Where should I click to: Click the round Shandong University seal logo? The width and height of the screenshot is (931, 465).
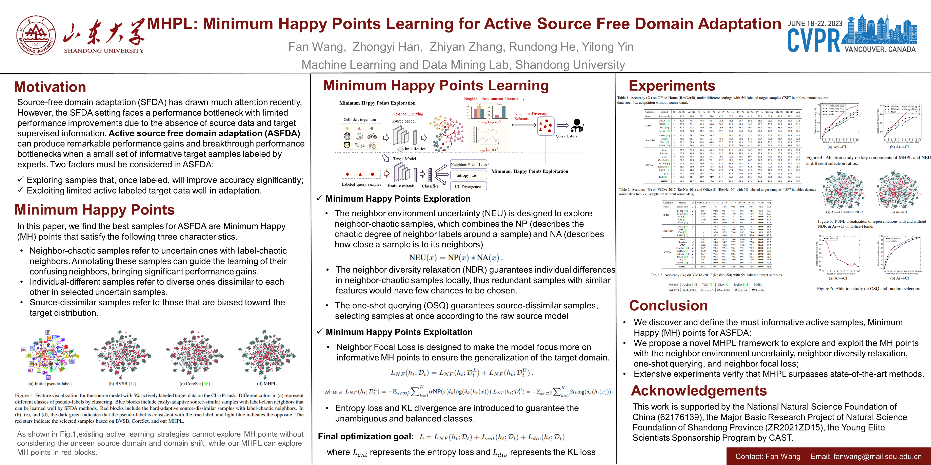pyautogui.click(x=36, y=35)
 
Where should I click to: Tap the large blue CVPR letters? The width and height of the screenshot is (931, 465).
pyautogui.click(x=814, y=41)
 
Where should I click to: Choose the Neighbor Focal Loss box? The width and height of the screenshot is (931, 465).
pyautogui.click(x=468, y=165)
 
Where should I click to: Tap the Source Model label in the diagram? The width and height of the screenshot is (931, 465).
pyautogui.click(x=403, y=121)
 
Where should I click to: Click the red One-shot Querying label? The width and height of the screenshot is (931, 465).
pyautogui.click(x=406, y=114)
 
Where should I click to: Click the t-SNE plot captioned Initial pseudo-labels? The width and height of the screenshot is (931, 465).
pyautogui.click(x=50, y=355)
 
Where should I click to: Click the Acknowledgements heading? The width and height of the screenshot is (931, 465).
pyautogui.click(x=699, y=391)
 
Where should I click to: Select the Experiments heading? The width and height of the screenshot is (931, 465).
pyautogui.click(x=672, y=86)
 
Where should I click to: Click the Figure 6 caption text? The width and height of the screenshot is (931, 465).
pyautogui.click(x=869, y=289)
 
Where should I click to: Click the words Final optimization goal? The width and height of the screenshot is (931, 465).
pyautogui.click(x=365, y=437)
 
